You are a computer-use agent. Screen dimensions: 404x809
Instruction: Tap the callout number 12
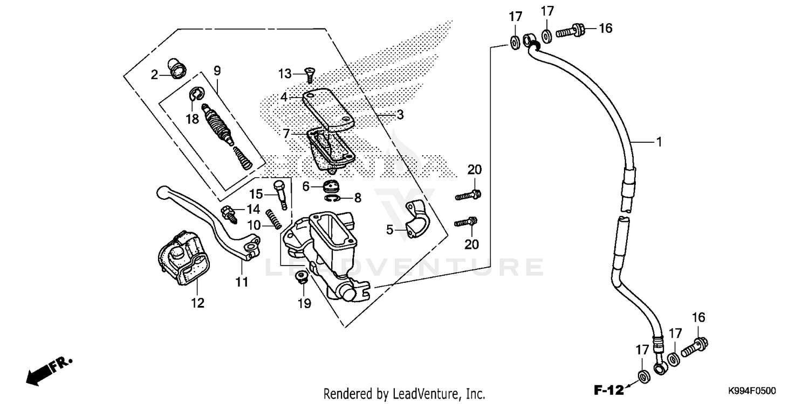(x=198, y=303)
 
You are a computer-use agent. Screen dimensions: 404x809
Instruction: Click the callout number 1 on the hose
(x=659, y=142)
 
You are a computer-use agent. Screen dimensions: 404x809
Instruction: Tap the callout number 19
(x=304, y=303)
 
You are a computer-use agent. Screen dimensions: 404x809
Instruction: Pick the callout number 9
(x=217, y=71)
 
